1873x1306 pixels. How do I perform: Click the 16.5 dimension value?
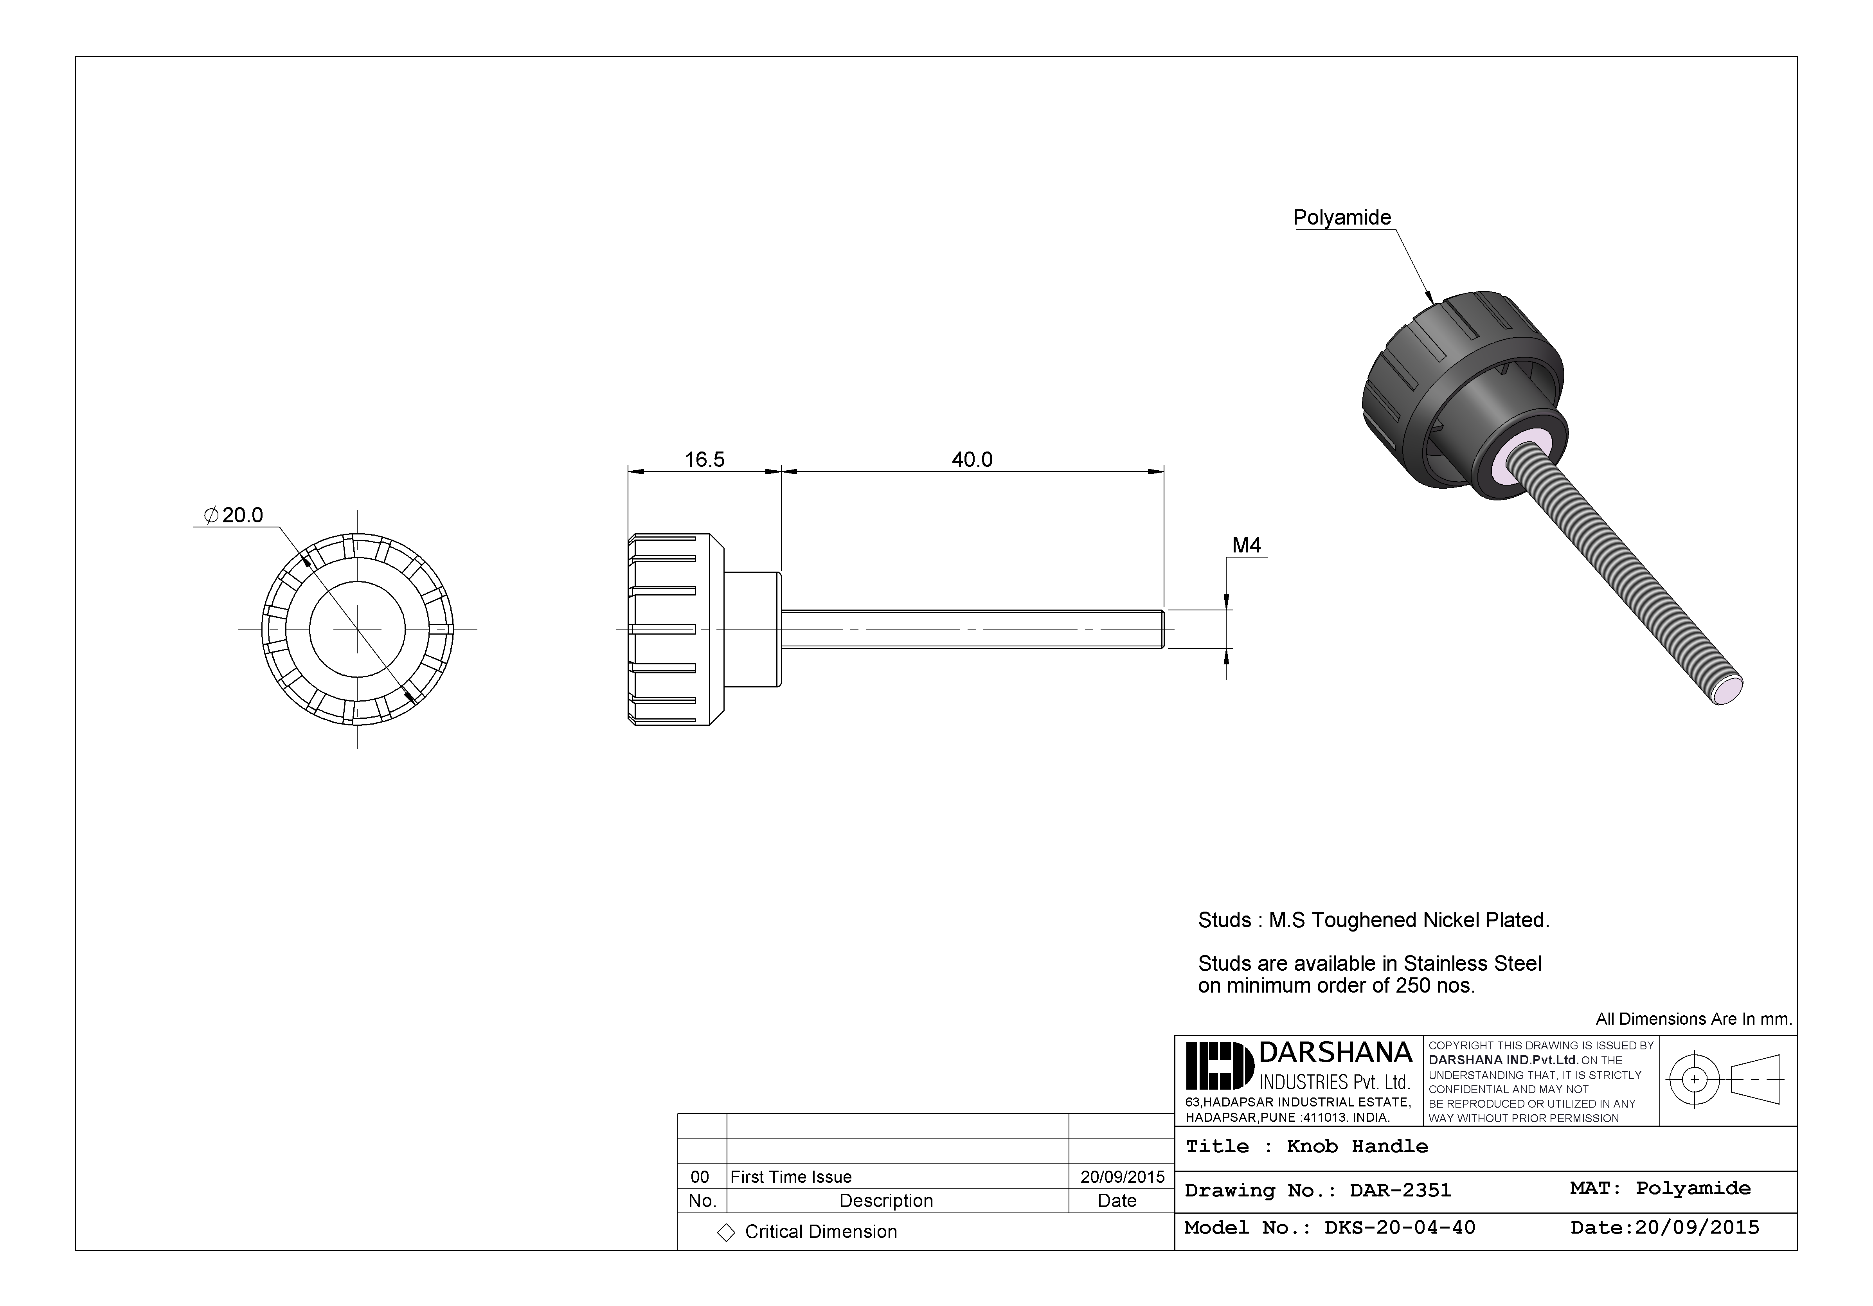point(704,460)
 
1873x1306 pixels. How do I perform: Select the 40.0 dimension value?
point(972,460)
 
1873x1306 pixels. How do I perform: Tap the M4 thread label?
point(1246,546)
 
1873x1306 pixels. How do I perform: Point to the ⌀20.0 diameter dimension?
point(234,516)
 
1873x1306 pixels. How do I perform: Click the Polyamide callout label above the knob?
point(1342,218)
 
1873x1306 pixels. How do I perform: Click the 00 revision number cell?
point(700,1176)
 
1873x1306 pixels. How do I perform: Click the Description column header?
point(886,1201)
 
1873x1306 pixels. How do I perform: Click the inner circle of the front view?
point(357,629)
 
